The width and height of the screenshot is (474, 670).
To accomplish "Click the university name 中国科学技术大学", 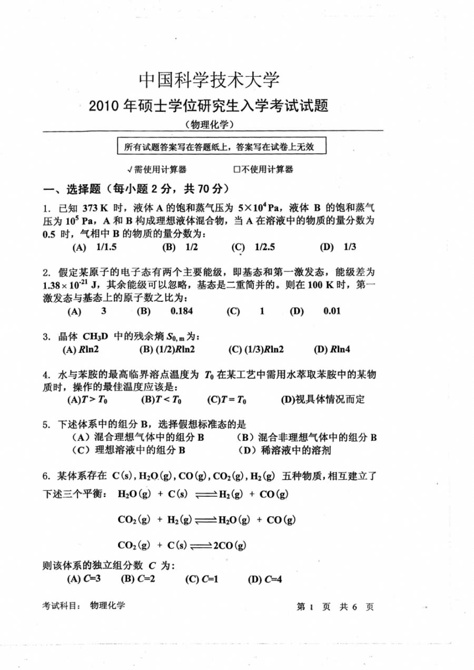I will click(209, 80).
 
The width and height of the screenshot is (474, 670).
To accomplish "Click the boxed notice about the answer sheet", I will click(221, 146).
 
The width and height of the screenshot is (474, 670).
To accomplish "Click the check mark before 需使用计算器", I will click(130, 170).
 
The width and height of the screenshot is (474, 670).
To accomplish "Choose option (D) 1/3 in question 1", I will click(338, 247).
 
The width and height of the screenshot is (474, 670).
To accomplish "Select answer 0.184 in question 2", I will click(182, 311).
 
